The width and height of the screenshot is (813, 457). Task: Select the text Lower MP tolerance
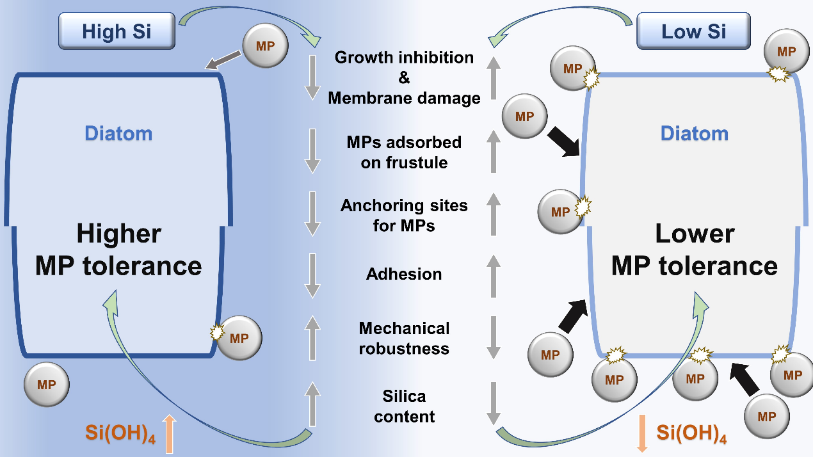pos(695,250)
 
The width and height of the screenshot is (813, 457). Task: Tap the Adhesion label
pos(404,274)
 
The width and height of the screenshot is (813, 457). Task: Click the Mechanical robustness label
pos(404,338)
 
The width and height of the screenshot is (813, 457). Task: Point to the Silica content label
pos(404,406)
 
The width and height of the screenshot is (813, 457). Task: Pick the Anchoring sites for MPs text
pos(404,216)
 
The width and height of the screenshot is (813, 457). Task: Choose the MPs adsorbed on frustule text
pos(404,152)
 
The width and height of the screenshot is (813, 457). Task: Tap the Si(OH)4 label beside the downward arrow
pos(691,433)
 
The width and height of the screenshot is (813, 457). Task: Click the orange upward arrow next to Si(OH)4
pos(169,433)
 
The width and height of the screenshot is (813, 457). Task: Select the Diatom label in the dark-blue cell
pos(119,134)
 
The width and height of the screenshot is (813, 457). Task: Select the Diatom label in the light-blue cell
pos(695,134)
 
